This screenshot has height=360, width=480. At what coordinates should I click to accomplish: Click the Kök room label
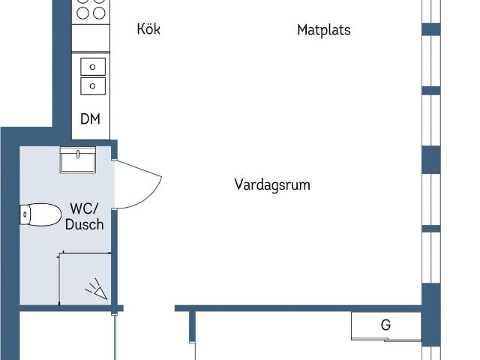tap(148, 28)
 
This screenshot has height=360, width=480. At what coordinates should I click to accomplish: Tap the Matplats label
tap(324, 30)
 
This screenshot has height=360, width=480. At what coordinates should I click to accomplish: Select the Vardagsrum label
tap(272, 185)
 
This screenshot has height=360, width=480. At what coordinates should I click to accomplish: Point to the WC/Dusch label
tap(85, 217)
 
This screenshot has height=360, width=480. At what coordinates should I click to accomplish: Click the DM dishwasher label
tap(90, 118)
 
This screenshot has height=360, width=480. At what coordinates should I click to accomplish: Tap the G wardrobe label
tap(385, 325)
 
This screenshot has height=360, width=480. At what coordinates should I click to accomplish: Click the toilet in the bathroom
tap(40, 214)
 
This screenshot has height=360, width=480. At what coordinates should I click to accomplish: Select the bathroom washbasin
tap(78, 160)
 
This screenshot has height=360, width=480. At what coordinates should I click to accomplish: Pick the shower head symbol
tap(97, 289)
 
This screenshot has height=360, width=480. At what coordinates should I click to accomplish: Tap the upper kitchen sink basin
tap(93, 67)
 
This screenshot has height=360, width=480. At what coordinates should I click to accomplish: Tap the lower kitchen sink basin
tap(93, 86)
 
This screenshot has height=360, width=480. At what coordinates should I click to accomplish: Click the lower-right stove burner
tap(99, 13)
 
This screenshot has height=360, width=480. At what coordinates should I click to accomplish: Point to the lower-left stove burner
tap(82, 13)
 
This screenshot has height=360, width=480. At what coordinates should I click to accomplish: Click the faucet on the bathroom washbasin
tap(78, 154)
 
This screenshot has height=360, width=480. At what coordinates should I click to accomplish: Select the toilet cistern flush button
tap(25, 214)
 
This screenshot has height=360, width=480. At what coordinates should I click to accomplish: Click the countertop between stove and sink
tap(91, 38)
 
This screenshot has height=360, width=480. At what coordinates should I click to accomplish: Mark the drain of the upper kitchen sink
tap(92, 67)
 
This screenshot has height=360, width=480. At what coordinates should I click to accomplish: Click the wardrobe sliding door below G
tap(386, 340)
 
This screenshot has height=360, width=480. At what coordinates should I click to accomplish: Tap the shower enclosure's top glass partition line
tap(85, 253)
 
